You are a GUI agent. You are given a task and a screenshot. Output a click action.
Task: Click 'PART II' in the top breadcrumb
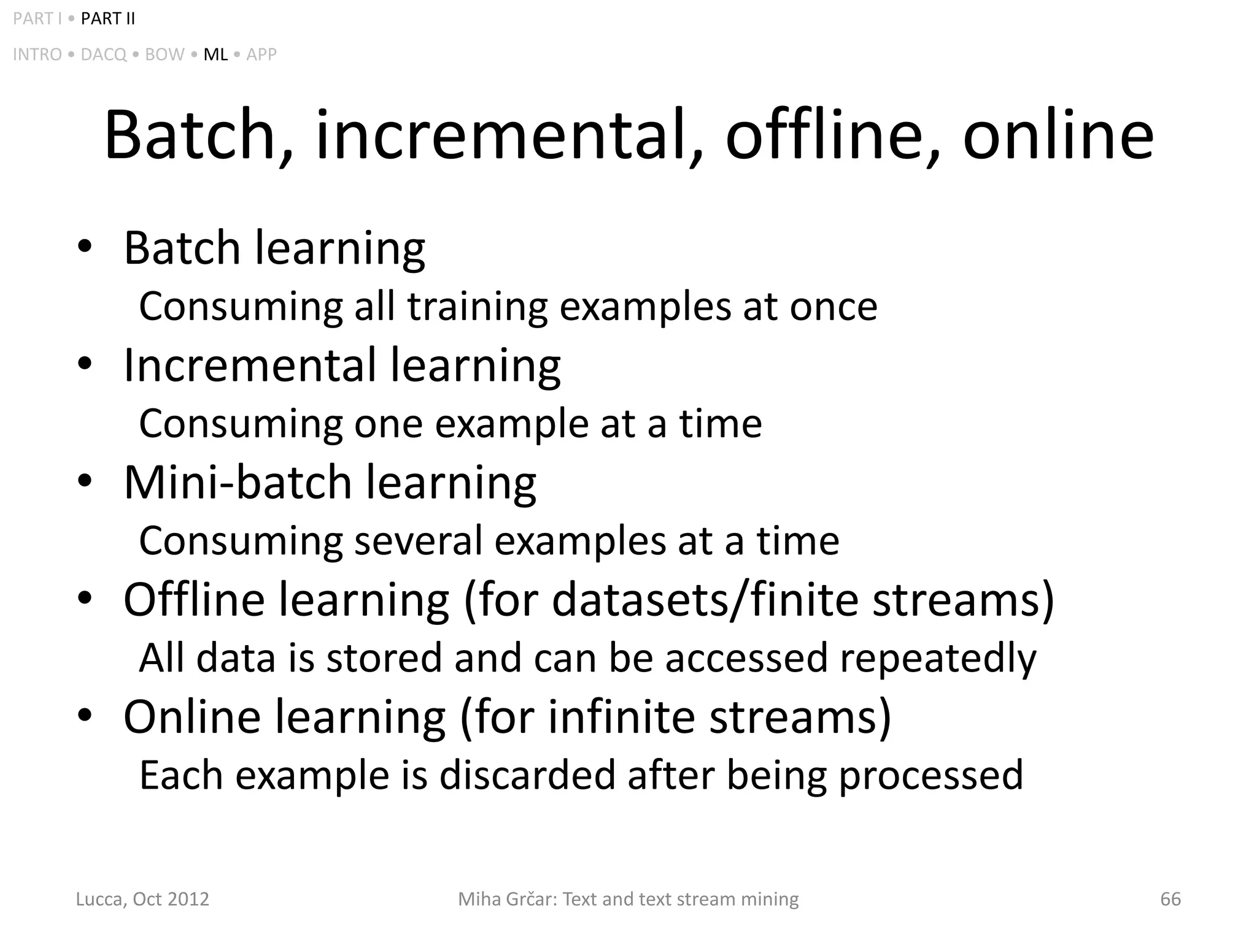(107, 19)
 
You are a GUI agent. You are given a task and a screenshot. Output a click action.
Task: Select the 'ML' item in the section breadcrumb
(215, 55)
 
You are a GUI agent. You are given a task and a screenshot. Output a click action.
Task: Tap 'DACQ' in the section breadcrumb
(103, 55)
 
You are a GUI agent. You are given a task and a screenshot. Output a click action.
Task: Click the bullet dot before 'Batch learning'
(85, 247)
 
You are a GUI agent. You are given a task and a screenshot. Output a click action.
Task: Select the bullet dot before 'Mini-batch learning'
(85, 481)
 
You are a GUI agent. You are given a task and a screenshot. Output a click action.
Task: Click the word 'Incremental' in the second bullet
(249, 365)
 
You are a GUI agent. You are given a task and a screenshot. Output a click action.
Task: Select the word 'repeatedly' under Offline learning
(938, 658)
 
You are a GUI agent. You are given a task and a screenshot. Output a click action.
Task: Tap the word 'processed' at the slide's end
(930, 776)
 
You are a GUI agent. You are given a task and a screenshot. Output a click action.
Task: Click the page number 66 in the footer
(1170, 899)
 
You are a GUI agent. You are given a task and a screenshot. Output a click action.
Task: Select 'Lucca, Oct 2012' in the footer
(142, 899)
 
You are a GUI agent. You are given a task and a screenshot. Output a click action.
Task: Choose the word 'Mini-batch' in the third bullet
(238, 482)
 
